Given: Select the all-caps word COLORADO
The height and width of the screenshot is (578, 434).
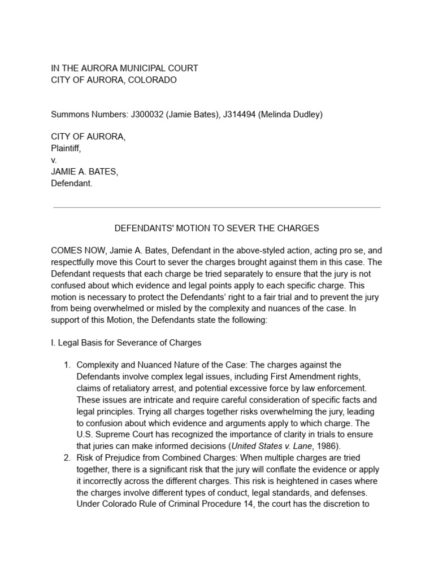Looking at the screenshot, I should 153,80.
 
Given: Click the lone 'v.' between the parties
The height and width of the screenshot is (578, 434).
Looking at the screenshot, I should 54,160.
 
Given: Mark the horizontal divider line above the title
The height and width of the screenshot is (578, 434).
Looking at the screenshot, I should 216,207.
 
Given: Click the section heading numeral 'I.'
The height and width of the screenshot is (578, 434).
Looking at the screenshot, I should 54,343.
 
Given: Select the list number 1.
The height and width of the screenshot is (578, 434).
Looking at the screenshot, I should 66,365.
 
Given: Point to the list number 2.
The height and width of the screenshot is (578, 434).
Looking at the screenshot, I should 66,458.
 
